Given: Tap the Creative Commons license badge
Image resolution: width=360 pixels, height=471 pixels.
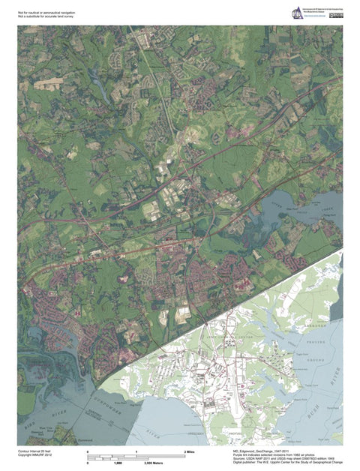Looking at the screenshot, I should click(x=336, y=16).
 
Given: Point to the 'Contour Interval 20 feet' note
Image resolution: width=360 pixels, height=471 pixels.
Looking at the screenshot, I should click(x=35, y=451).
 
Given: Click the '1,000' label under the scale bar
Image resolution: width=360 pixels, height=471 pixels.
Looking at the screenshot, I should click(x=117, y=463).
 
